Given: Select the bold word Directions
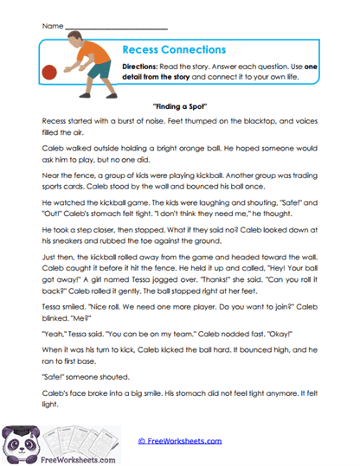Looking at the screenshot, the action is (139, 68).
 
